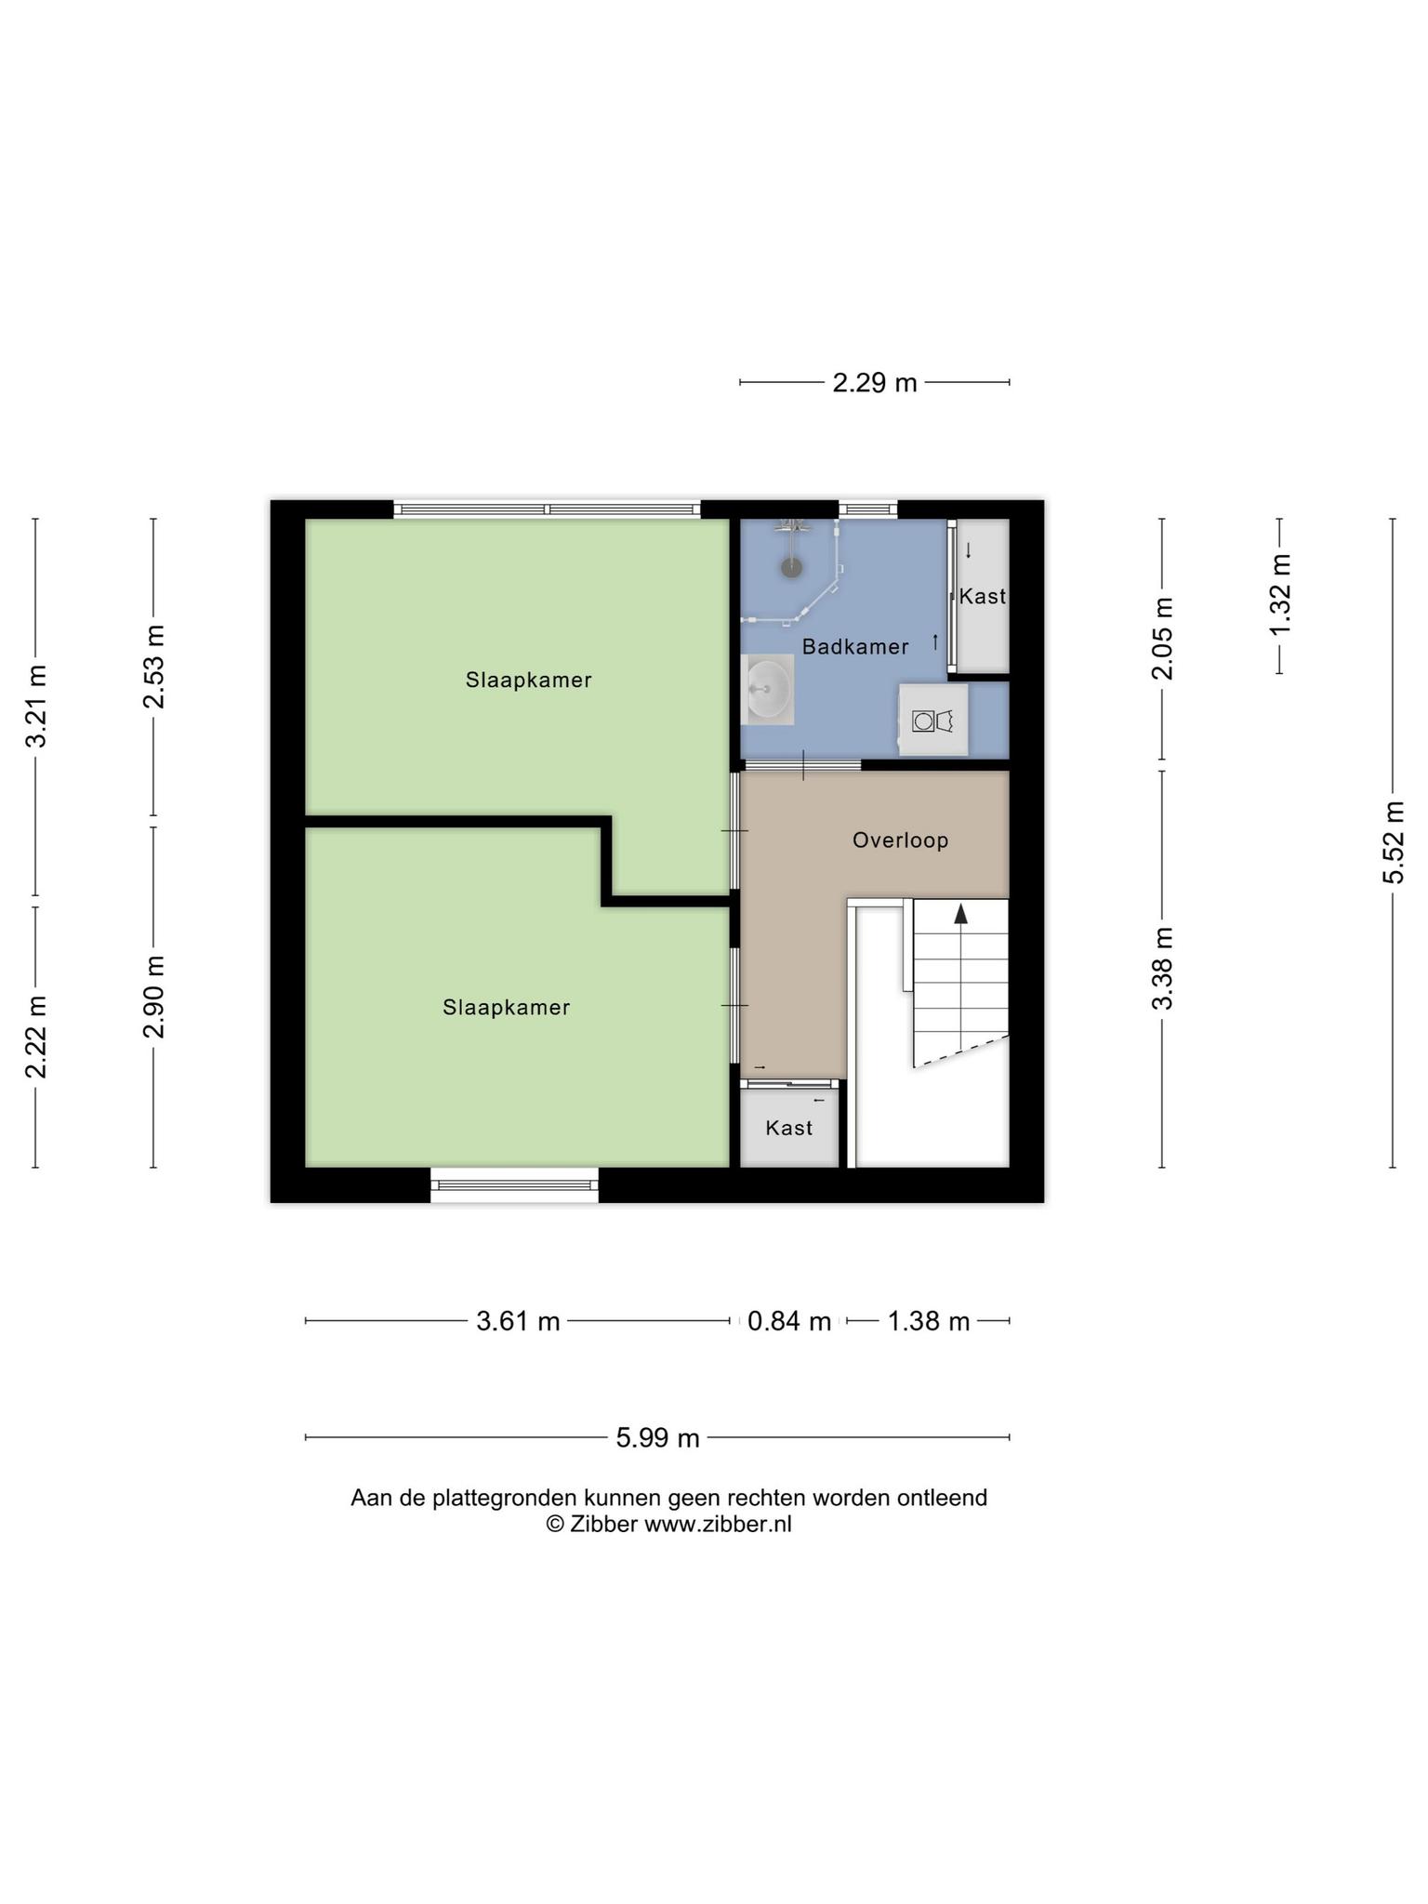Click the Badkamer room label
pos(855,647)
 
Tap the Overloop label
pos(901,840)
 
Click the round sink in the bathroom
pos(769,690)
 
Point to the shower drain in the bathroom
pos(791,568)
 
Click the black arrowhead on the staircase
pos(961,913)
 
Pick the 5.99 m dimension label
pos(657,1438)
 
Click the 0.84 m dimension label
pos(789,1321)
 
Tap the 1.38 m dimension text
pos(929,1321)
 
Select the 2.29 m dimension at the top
pos(875,382)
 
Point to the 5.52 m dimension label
pos(1393,842)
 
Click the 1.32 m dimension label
pos(1280,595)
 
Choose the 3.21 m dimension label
pos(36,707)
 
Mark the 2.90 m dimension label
pos(154,997)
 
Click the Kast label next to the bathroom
pos(983,597)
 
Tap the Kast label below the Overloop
pos(789,1129)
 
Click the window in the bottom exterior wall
pos(514,1185)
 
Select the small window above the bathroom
pos(868,509)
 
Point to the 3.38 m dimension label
pos(1162,969)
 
